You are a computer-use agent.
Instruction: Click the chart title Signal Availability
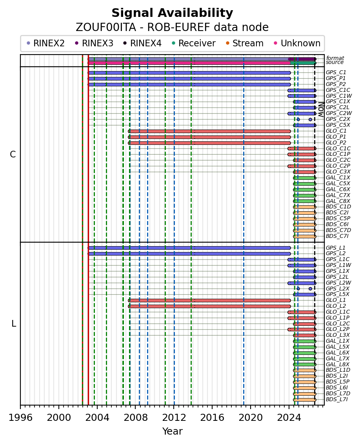(172, 13)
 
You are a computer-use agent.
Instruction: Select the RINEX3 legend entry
(95, 43)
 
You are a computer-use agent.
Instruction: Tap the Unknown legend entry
(297, 43)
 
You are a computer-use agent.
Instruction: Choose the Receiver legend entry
(194, 43)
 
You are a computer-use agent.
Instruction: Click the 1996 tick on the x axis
(20, 407)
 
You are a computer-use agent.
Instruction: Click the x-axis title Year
(172, 431)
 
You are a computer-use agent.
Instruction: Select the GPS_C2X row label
(338, 119)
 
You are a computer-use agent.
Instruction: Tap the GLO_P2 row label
(336, 143)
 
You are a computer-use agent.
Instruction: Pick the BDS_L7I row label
(337, 400)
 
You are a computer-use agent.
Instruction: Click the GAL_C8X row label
(338, 201)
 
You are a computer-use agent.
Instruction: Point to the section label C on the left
(13, 155)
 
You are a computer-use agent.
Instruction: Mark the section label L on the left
(14, 323)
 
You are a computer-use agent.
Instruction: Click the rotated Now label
(321, 110)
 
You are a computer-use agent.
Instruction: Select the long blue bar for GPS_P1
(189, 79)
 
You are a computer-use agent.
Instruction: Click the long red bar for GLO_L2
(209, 306)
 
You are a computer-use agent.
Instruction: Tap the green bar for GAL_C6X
(304, 190)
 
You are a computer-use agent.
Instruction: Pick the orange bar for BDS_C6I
(305, 225)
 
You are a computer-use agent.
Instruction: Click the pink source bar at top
(189, 63)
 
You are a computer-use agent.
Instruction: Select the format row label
(335, 58)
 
